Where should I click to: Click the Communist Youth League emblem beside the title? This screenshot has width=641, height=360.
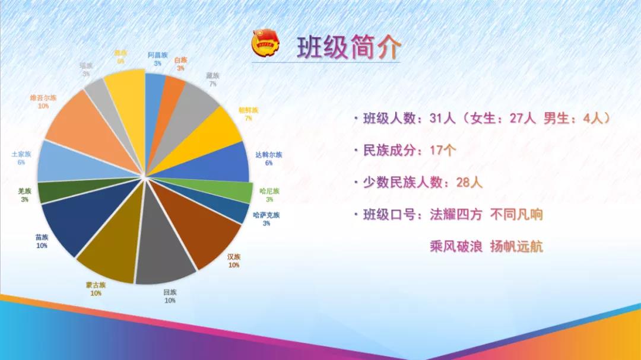click(265, 45)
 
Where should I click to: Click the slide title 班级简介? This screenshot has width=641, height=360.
click(349, 47)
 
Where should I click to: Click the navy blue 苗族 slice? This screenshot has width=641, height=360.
click(74, 222)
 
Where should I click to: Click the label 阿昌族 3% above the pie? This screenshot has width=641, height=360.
click(158, 59)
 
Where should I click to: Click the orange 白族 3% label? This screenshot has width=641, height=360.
click(180, 64)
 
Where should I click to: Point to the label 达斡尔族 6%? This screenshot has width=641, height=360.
click(268, 158)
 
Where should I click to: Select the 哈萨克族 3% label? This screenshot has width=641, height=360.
click(266, 219)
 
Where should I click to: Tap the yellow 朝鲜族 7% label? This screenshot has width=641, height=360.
click(249, 114)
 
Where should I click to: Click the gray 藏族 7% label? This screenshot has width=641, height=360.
click(212, 79)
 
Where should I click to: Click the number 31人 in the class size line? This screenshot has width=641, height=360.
click(442, 119)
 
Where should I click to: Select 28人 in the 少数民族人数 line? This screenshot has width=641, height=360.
click(469, 182)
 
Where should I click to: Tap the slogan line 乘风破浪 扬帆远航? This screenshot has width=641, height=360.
click(486, 246)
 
